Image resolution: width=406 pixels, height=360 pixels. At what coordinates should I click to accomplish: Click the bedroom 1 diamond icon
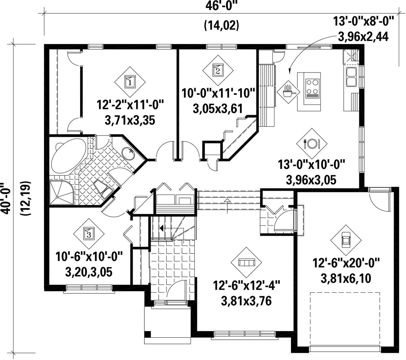130,82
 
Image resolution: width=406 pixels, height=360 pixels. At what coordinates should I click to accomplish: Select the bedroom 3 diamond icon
89,233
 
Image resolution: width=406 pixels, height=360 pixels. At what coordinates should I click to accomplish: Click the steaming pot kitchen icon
288,91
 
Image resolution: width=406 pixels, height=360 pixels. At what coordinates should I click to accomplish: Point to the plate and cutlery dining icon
312,143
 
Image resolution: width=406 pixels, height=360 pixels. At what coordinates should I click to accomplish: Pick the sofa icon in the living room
246,262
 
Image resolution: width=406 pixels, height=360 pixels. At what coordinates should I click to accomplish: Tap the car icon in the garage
346,240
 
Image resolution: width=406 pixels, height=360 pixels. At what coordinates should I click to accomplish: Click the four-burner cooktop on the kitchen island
312,88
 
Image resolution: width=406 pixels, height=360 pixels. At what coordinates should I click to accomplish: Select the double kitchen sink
351,77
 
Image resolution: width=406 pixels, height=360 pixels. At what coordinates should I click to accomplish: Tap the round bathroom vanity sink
128,154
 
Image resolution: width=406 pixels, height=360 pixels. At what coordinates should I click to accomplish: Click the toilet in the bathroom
103,188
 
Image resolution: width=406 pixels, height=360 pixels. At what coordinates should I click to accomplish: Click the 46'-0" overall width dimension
222,6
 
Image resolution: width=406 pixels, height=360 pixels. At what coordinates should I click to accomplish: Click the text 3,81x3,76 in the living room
246,301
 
